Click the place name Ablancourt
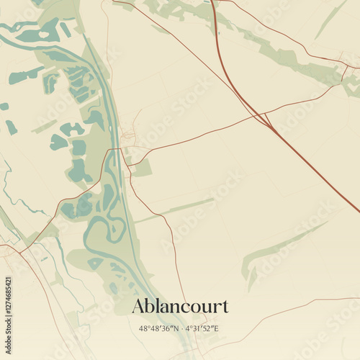(180, 306)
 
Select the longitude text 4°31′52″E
(203, 329)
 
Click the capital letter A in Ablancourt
(138, 306)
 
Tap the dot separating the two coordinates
(180, 329)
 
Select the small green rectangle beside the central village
(143, 168)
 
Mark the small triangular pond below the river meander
(94, 264)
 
